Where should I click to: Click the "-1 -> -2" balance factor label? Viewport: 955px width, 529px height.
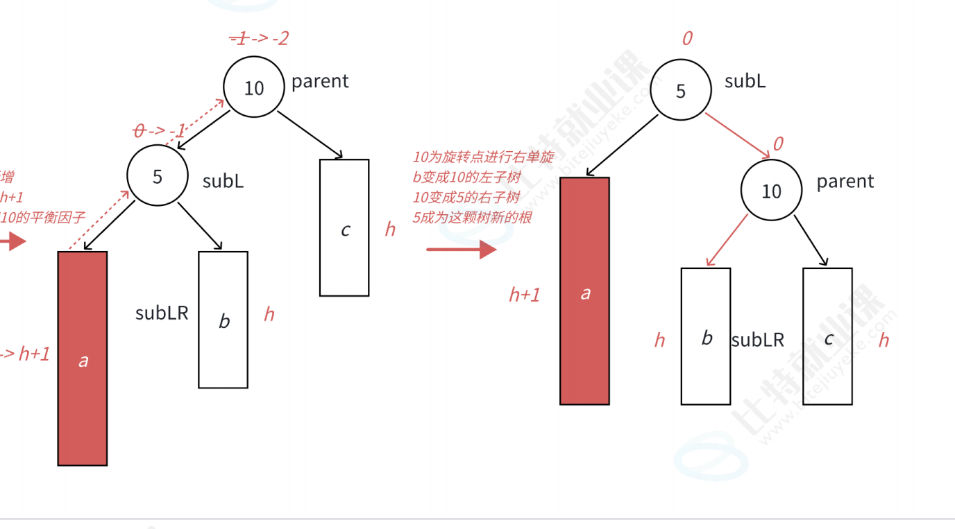259,38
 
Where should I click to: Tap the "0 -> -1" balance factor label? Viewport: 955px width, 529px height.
159,130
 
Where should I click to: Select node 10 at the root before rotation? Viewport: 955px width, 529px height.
254,87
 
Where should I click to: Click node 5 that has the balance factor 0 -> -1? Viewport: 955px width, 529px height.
158,176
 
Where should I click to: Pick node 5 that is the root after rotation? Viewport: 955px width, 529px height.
680,91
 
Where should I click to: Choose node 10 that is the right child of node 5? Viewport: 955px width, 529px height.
771,191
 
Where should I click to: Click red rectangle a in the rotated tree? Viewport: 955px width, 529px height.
584,291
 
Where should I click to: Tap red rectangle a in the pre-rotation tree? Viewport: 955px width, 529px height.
83,358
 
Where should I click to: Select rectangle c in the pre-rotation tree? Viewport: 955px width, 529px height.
344,228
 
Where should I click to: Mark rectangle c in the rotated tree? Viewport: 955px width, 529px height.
827,336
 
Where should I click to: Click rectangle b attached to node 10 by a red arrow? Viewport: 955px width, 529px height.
706,336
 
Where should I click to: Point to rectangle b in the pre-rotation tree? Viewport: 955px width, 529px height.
223,320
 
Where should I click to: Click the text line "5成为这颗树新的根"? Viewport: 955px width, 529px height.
473,218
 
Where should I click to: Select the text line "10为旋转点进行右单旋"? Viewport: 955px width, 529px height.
483,157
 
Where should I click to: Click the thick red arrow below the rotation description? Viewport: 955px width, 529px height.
462,249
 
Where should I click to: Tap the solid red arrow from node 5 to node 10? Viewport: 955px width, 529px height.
738,134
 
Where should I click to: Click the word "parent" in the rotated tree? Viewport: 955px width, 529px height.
845,182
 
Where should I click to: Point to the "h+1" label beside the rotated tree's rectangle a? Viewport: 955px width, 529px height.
525,295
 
